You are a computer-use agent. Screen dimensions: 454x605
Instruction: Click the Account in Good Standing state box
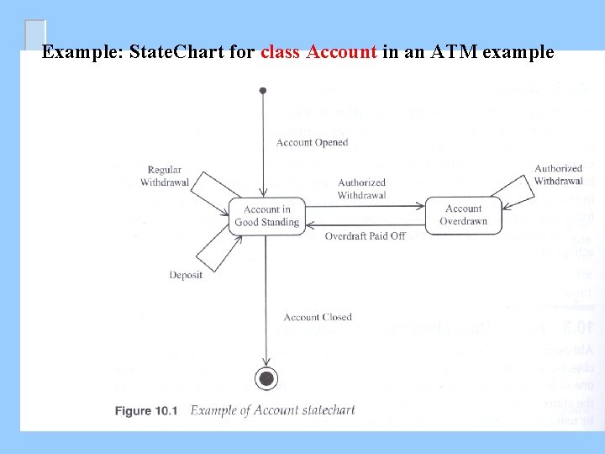(x=266, y=216)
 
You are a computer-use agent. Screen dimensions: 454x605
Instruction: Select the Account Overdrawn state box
(x=463, y=215)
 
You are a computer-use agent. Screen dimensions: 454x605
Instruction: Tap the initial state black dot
(x=263, y=90)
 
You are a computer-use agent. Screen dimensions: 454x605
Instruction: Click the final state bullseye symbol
(x=266, y=379)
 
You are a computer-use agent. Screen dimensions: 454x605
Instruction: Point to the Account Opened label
(x=312, y=143)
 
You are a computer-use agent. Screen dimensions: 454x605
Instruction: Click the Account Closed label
(x=318, y=317)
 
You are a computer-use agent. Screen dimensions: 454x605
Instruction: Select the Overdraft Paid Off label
(x=365, y=236)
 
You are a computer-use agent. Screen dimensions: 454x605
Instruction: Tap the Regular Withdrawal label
(x=165, y=176)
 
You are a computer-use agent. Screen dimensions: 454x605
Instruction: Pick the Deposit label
(x=186, y=275)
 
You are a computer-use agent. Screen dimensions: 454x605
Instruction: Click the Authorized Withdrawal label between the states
(x=361, y=188)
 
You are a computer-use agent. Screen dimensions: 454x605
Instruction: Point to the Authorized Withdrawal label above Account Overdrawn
(x=558, y=175)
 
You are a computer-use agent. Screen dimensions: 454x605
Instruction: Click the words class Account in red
(x=318, y=52)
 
